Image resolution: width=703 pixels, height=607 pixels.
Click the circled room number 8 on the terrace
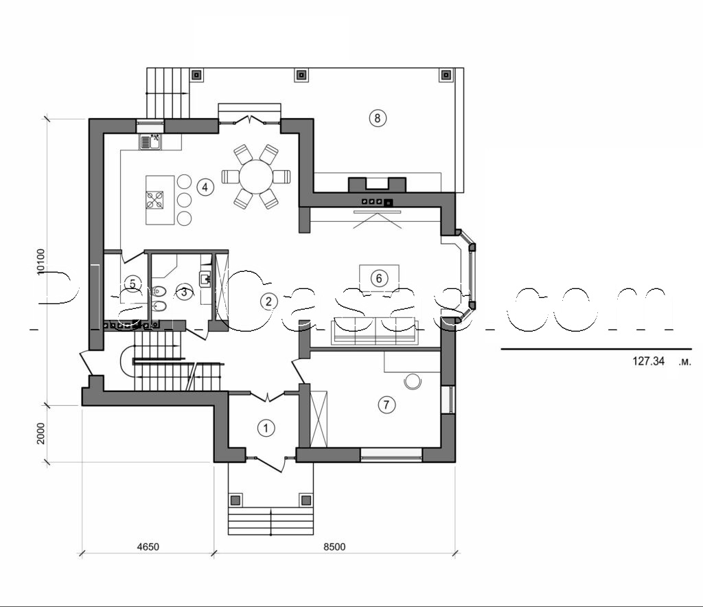coord(377,117)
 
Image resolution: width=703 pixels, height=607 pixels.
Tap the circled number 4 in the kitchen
coord(205,186)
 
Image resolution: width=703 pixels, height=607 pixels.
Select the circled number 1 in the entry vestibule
coord(266,428)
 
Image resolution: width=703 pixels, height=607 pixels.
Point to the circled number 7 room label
coord(386,405)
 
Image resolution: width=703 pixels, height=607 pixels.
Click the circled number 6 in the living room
coord(378,278)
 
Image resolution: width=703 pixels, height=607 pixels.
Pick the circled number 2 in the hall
coord(268,301)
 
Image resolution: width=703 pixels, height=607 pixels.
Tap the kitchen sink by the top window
coord(149,142)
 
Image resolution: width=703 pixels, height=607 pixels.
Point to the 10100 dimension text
coord(42,262)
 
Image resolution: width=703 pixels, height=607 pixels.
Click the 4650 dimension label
coord(147,547)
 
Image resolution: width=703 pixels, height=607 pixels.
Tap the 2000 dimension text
coord(42,433)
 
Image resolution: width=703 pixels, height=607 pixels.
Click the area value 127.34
coord(648,360)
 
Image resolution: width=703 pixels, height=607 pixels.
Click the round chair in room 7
coord(413,381)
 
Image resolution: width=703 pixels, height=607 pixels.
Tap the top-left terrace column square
coord(196,74)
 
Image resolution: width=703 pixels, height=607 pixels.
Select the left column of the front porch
coord(235,500)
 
